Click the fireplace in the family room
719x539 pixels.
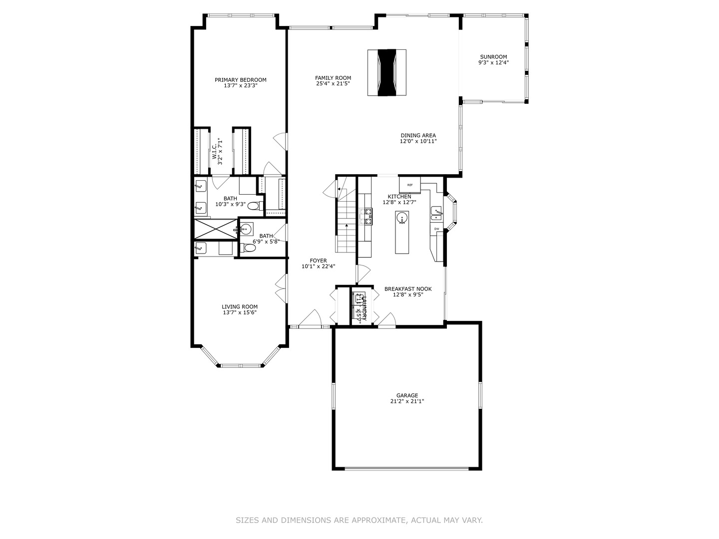coord(387,72)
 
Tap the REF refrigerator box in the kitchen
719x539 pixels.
coord(410,185)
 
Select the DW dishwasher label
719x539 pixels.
coord(436,229)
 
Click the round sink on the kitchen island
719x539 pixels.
coord(402,218)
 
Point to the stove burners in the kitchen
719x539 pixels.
coord(368,216)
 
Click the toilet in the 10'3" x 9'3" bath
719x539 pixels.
coord(254,206)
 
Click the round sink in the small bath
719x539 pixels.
coord(245,230)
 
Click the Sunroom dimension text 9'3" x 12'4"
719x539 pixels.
coord(493,63)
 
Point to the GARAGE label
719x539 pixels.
coord(407,395)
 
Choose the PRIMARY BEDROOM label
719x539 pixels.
coord(240,80)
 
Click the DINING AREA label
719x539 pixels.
coord(418,135)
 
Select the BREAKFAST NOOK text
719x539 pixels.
coord(407,288)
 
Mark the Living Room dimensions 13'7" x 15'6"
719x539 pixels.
coord(240,313)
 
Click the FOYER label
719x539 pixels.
coord(318,261)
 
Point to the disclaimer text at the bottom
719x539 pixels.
coord(359,520)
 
